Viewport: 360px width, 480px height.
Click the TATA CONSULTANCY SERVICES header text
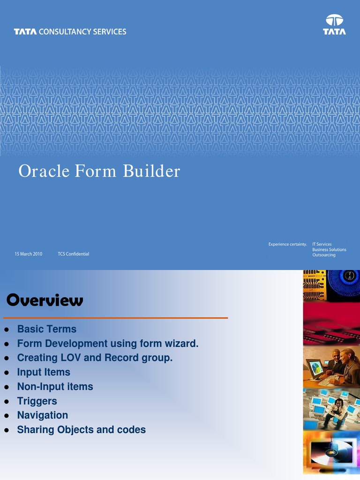tap(70, 32)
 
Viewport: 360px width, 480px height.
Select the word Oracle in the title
tap(44, 172)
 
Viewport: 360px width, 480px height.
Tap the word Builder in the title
tap(151, 172)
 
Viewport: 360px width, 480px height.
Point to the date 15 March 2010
tap(28, 254)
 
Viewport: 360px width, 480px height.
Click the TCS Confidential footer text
tap(73, 254)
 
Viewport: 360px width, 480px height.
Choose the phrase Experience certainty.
tap(287, 244)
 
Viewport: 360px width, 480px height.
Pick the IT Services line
tap(322, 244)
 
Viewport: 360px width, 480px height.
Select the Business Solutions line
tap(329, 250)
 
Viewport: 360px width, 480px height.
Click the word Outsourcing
tap(324, 255)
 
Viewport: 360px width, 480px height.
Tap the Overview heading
tap(45, 300)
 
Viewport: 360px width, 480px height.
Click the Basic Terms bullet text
tap(46, 329)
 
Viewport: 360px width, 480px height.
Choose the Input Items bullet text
tap(44, 372)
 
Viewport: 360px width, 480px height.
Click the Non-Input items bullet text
tap(55, 387)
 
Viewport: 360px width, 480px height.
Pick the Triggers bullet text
tap(37, 401)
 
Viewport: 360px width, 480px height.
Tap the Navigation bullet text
tap(42, 415)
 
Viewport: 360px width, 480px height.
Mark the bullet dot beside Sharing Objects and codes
tap(7, 430)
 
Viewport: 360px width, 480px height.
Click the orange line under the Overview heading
tap(115, 318)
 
